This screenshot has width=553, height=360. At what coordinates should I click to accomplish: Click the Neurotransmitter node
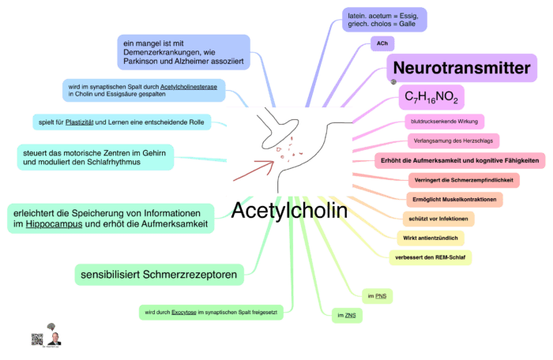coord(461,69)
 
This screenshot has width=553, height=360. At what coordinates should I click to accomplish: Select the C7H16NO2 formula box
coord(431,97)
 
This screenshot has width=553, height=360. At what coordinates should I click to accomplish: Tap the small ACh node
coord(382,44)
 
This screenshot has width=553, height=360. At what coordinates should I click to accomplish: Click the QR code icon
coord(36,338)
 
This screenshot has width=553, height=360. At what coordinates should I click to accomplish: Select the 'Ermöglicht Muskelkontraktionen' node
coord(454,200)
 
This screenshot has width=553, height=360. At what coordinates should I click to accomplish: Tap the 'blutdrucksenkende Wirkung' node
coord(443,122)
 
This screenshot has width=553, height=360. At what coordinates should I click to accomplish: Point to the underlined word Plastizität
coord(87,122)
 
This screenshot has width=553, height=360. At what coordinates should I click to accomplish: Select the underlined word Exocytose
coord(183,313)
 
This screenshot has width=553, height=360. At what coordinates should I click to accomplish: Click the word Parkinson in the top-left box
coord(142,60)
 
